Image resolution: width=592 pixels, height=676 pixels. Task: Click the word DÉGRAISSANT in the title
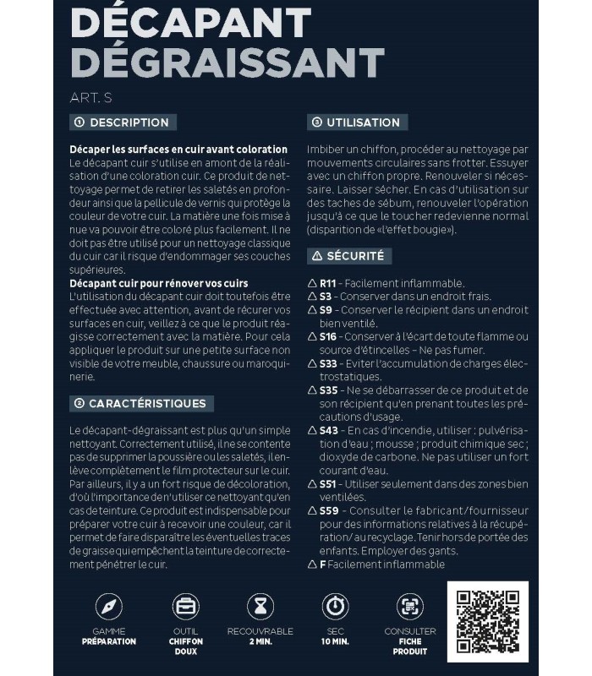click(227, 63)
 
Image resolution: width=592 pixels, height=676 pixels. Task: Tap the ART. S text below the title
click(90, 97)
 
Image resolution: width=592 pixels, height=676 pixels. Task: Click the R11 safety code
click(327, 283)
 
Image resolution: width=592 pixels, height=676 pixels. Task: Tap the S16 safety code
click(327, 336)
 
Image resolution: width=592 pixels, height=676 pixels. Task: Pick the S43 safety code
click(327, 430)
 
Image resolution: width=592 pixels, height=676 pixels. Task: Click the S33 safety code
click(327, 363)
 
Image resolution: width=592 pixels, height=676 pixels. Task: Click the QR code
click(487, 621)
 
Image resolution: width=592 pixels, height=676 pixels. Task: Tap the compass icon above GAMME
click(109, 607)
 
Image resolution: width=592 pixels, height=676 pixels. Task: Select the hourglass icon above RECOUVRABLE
click(260, 607)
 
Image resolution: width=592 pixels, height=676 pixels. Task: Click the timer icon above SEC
click(335, 607)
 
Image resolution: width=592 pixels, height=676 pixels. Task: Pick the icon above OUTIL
click(185, 607)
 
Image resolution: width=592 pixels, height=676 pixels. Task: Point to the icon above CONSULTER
click(410, 607)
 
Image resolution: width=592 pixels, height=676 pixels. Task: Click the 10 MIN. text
click(335, 641)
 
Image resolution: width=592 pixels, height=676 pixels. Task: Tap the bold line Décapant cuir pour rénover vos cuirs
click(158, 282)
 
